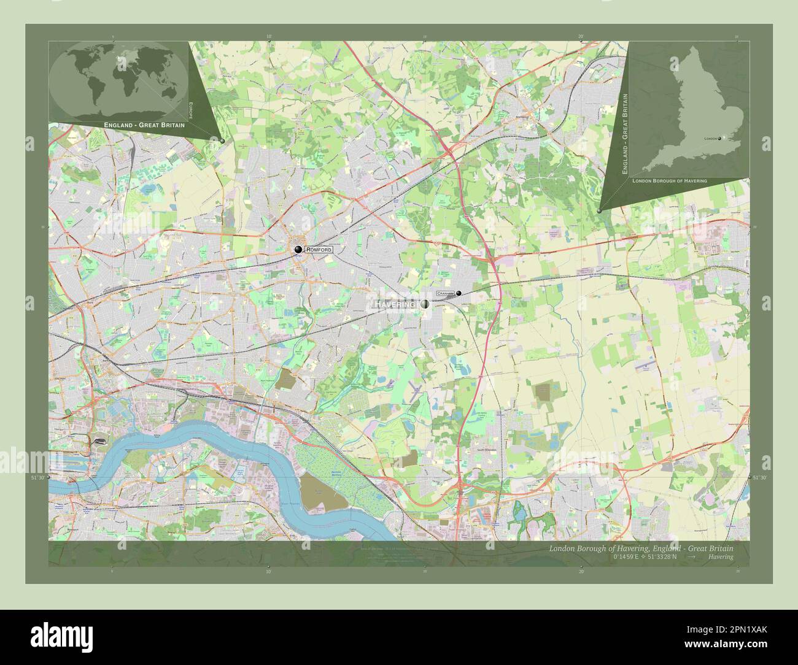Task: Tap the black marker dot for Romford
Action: coord(298,249)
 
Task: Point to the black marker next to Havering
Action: coord(425,304)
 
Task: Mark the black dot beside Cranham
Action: coord(459,293)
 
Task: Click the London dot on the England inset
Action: coord(719,139)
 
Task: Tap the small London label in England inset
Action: coord(710,139)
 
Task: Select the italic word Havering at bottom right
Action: coord(720,556)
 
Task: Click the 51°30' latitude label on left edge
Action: coord(39,477)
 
